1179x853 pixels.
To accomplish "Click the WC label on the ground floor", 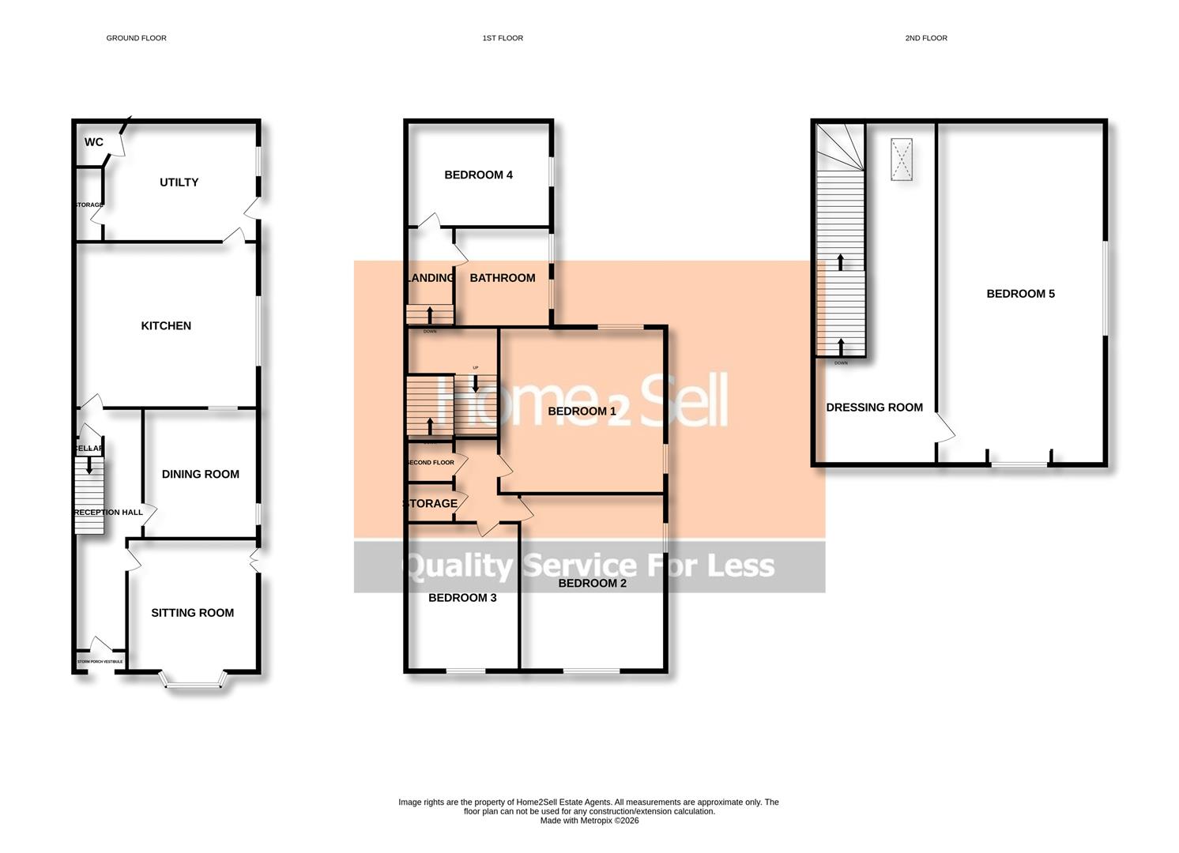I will coord(93,142).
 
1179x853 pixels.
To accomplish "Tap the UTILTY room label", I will coord(179,182).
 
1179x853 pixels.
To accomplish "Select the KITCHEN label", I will coord(166,325).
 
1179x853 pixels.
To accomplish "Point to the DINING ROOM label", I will coord(200,474).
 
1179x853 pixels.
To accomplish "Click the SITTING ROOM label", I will coord(192,613).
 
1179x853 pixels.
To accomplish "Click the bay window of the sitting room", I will coord(193,682).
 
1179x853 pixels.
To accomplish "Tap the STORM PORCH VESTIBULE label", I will coord(100,662).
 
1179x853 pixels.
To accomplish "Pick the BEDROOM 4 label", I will coord(478,175).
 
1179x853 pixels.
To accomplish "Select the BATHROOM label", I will coord(503,278).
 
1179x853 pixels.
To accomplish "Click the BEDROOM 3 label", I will coord(462,598).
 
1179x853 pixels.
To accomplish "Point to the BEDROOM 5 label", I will coord(1020,294).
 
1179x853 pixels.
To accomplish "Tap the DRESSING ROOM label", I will coord(874,408).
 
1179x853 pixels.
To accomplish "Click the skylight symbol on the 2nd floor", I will coord(902,160).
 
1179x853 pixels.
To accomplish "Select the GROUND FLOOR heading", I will coord(136,38).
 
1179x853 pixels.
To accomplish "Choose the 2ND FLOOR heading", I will coord(925,38).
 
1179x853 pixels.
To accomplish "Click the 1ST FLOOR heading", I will coord(503,38).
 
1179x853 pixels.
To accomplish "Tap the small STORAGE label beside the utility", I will coord(89,205).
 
